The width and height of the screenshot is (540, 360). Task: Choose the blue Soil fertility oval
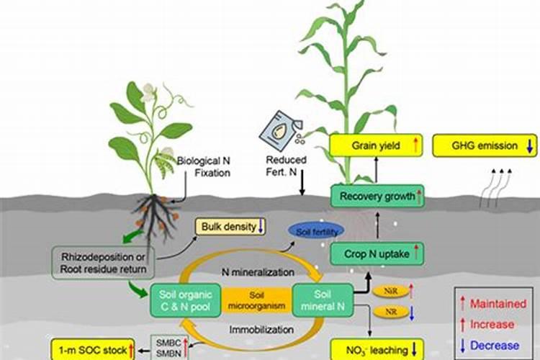pos(315,231)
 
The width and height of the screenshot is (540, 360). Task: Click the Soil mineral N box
pos(322,300)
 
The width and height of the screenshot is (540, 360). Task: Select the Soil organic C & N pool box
pos(179,300)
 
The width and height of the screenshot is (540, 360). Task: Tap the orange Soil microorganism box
pos(251,300)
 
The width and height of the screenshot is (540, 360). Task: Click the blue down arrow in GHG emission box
pos(529,145)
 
